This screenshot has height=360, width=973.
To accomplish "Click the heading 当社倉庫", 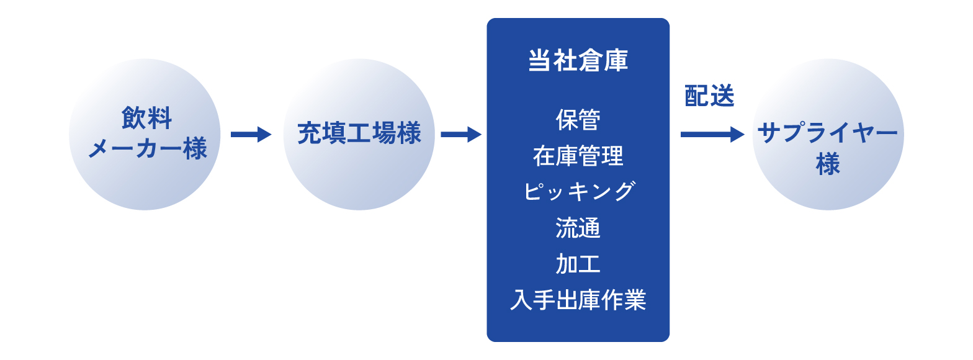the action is (578, 60).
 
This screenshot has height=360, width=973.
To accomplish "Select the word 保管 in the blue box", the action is (578, 119).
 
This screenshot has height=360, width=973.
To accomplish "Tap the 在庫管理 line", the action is (578, 156).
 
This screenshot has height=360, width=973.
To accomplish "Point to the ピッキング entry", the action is (578, 192).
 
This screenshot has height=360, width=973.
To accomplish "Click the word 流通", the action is (578, 228).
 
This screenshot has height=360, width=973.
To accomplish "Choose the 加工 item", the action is (578, 264).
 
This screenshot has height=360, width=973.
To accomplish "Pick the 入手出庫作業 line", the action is (578, 300).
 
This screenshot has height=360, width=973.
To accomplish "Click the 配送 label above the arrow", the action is (709, 96).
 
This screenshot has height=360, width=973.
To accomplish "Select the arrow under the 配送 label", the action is (712, 134).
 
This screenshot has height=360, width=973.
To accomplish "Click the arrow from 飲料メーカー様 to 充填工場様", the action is (251, 134).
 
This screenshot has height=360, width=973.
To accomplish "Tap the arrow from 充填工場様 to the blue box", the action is (461, 134).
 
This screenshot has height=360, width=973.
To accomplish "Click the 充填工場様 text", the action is (359, 133).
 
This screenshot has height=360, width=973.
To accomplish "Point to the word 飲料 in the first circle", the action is (146, 118).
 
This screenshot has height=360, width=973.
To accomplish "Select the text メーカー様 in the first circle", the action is (148, 148).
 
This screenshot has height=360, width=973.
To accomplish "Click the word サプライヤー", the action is (828, 132).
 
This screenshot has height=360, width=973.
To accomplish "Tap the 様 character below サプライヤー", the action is (828, 164).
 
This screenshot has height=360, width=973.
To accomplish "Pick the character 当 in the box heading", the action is (540, 60).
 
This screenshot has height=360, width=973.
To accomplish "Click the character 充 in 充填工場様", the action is (310, 133).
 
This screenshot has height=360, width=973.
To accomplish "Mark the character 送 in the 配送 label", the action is (722, 96).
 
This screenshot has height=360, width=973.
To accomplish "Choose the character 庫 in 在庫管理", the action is (567, 156).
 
